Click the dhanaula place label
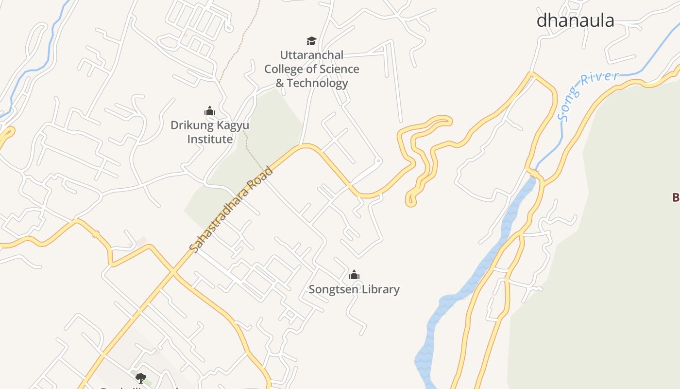point(575,20)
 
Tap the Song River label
point(588,96)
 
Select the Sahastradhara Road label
point(232,210)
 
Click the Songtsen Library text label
point(354,289)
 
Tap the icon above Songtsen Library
point(354,275)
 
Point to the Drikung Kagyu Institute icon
point(210,111)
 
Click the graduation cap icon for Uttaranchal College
point(311,41)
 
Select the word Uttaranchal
point(312,55)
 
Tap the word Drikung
point(192,125)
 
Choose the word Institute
point(210,139)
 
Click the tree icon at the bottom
point(140,377)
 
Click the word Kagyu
point(232,125)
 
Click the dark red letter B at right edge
point(676,197)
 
